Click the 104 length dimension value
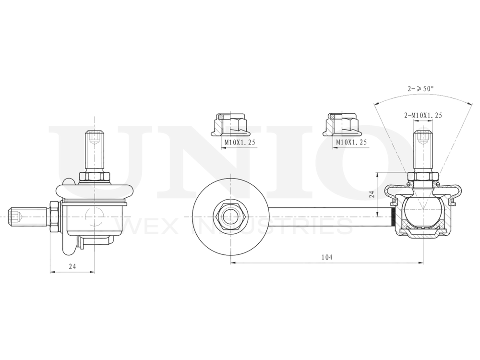click(327, 257)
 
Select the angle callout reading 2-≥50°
click(421, 89)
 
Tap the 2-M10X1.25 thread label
click(422, 115)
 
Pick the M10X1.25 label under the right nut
click(351, 142)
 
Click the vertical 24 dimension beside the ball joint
click(371, 194)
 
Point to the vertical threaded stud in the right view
click(422, 146)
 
